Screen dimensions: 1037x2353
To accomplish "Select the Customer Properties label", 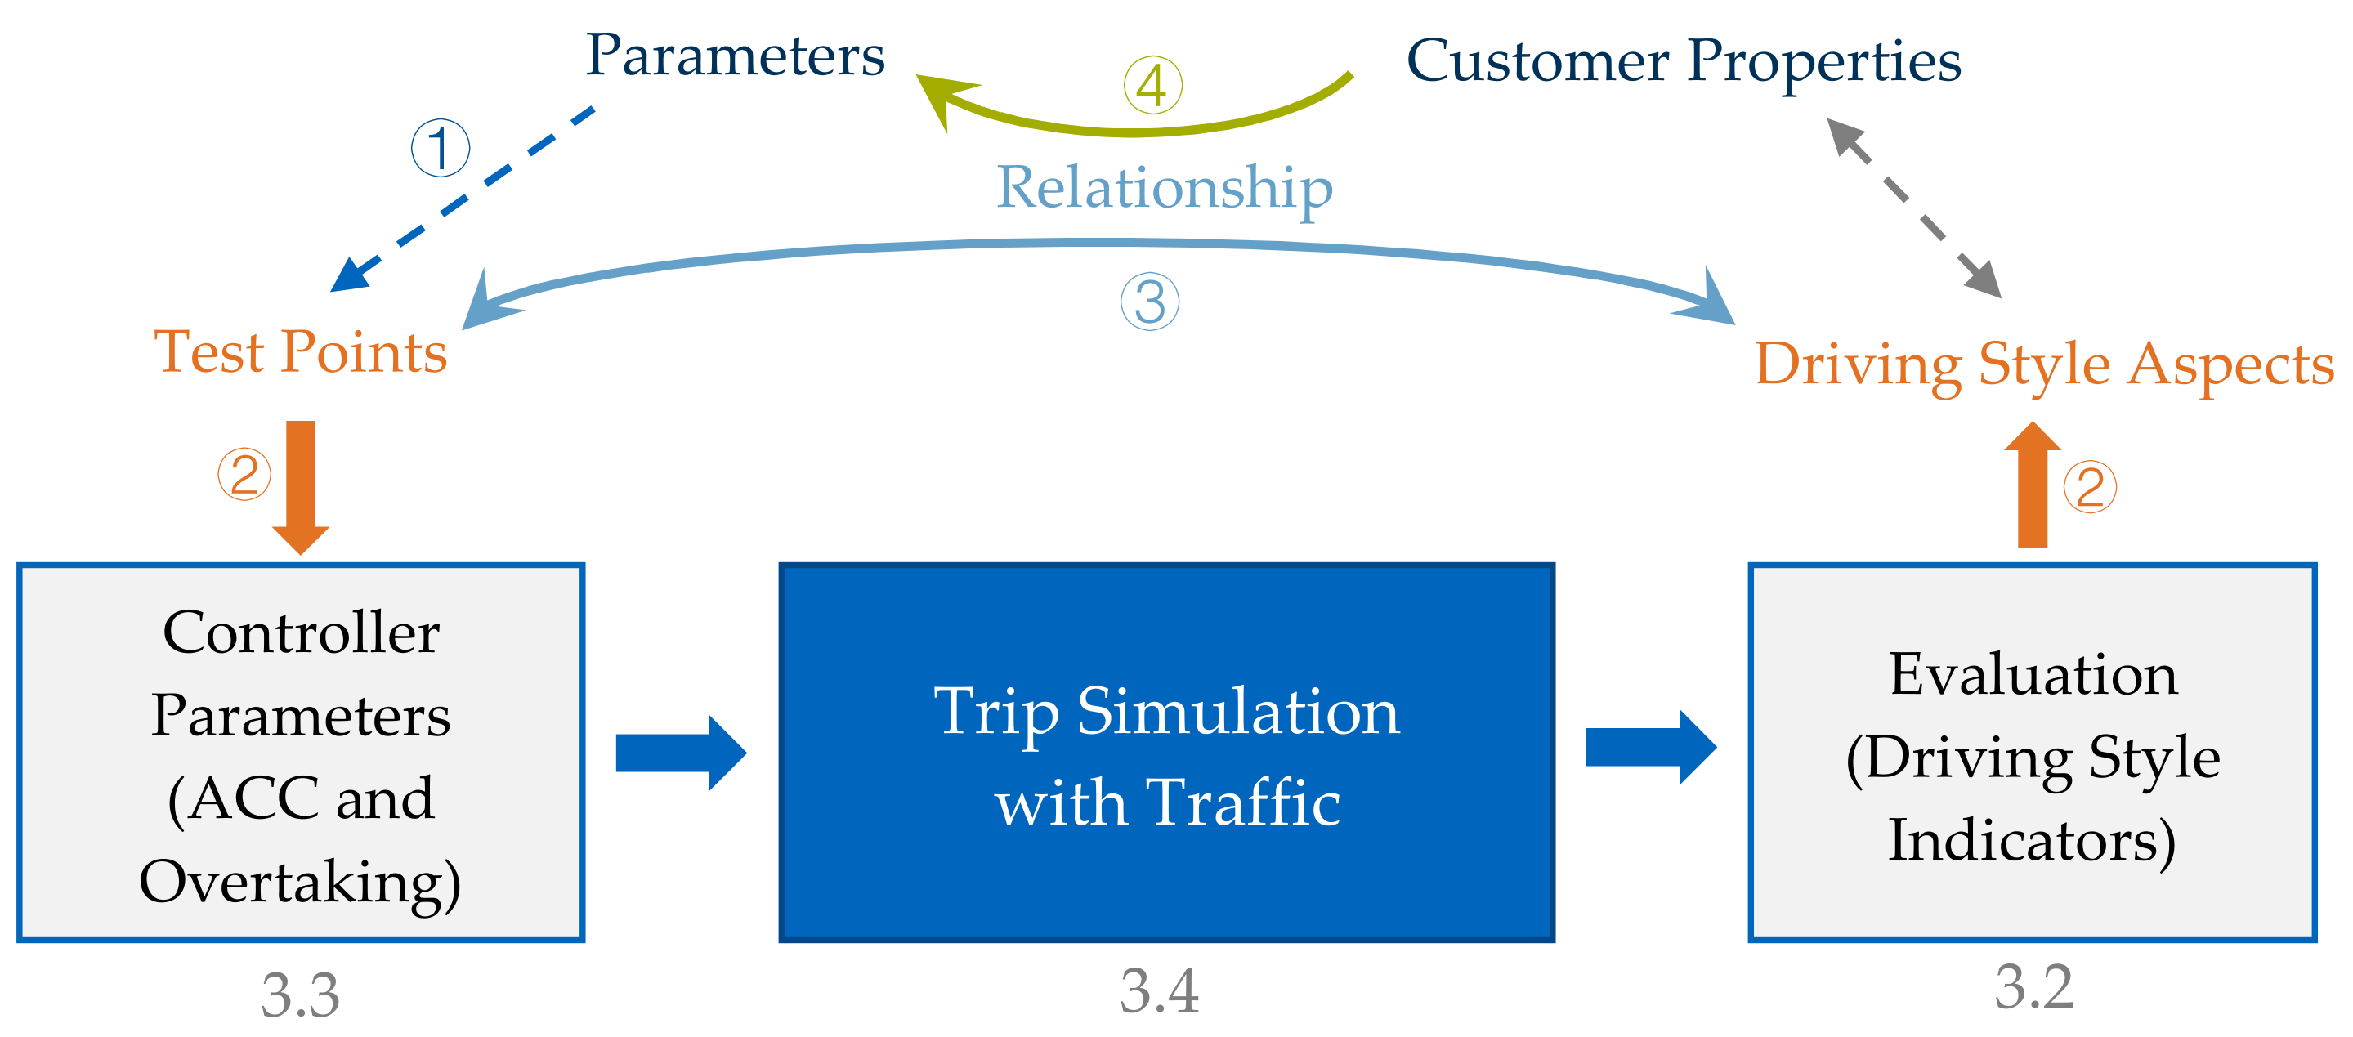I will (x=1684, y=62).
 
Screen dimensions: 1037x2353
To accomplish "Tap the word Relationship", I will (x=1164, y=187).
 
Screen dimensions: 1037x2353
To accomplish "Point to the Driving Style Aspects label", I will (x=2044, y=364).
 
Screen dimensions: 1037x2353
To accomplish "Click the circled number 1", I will (x=441, y=148).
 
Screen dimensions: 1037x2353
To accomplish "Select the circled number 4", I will (x=1152, y=86).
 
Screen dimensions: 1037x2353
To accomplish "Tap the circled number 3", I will (x=1150, y=302).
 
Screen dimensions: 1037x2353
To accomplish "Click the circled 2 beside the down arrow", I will (x=244, y=474).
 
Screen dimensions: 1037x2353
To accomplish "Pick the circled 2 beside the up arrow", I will (x=2090, y=487).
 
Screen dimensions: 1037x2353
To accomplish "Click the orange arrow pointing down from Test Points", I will (x=301, y=485).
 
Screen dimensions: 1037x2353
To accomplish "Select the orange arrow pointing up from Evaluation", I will (x=2033, y=485).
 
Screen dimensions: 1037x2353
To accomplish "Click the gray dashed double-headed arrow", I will (x=1913, y=208).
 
